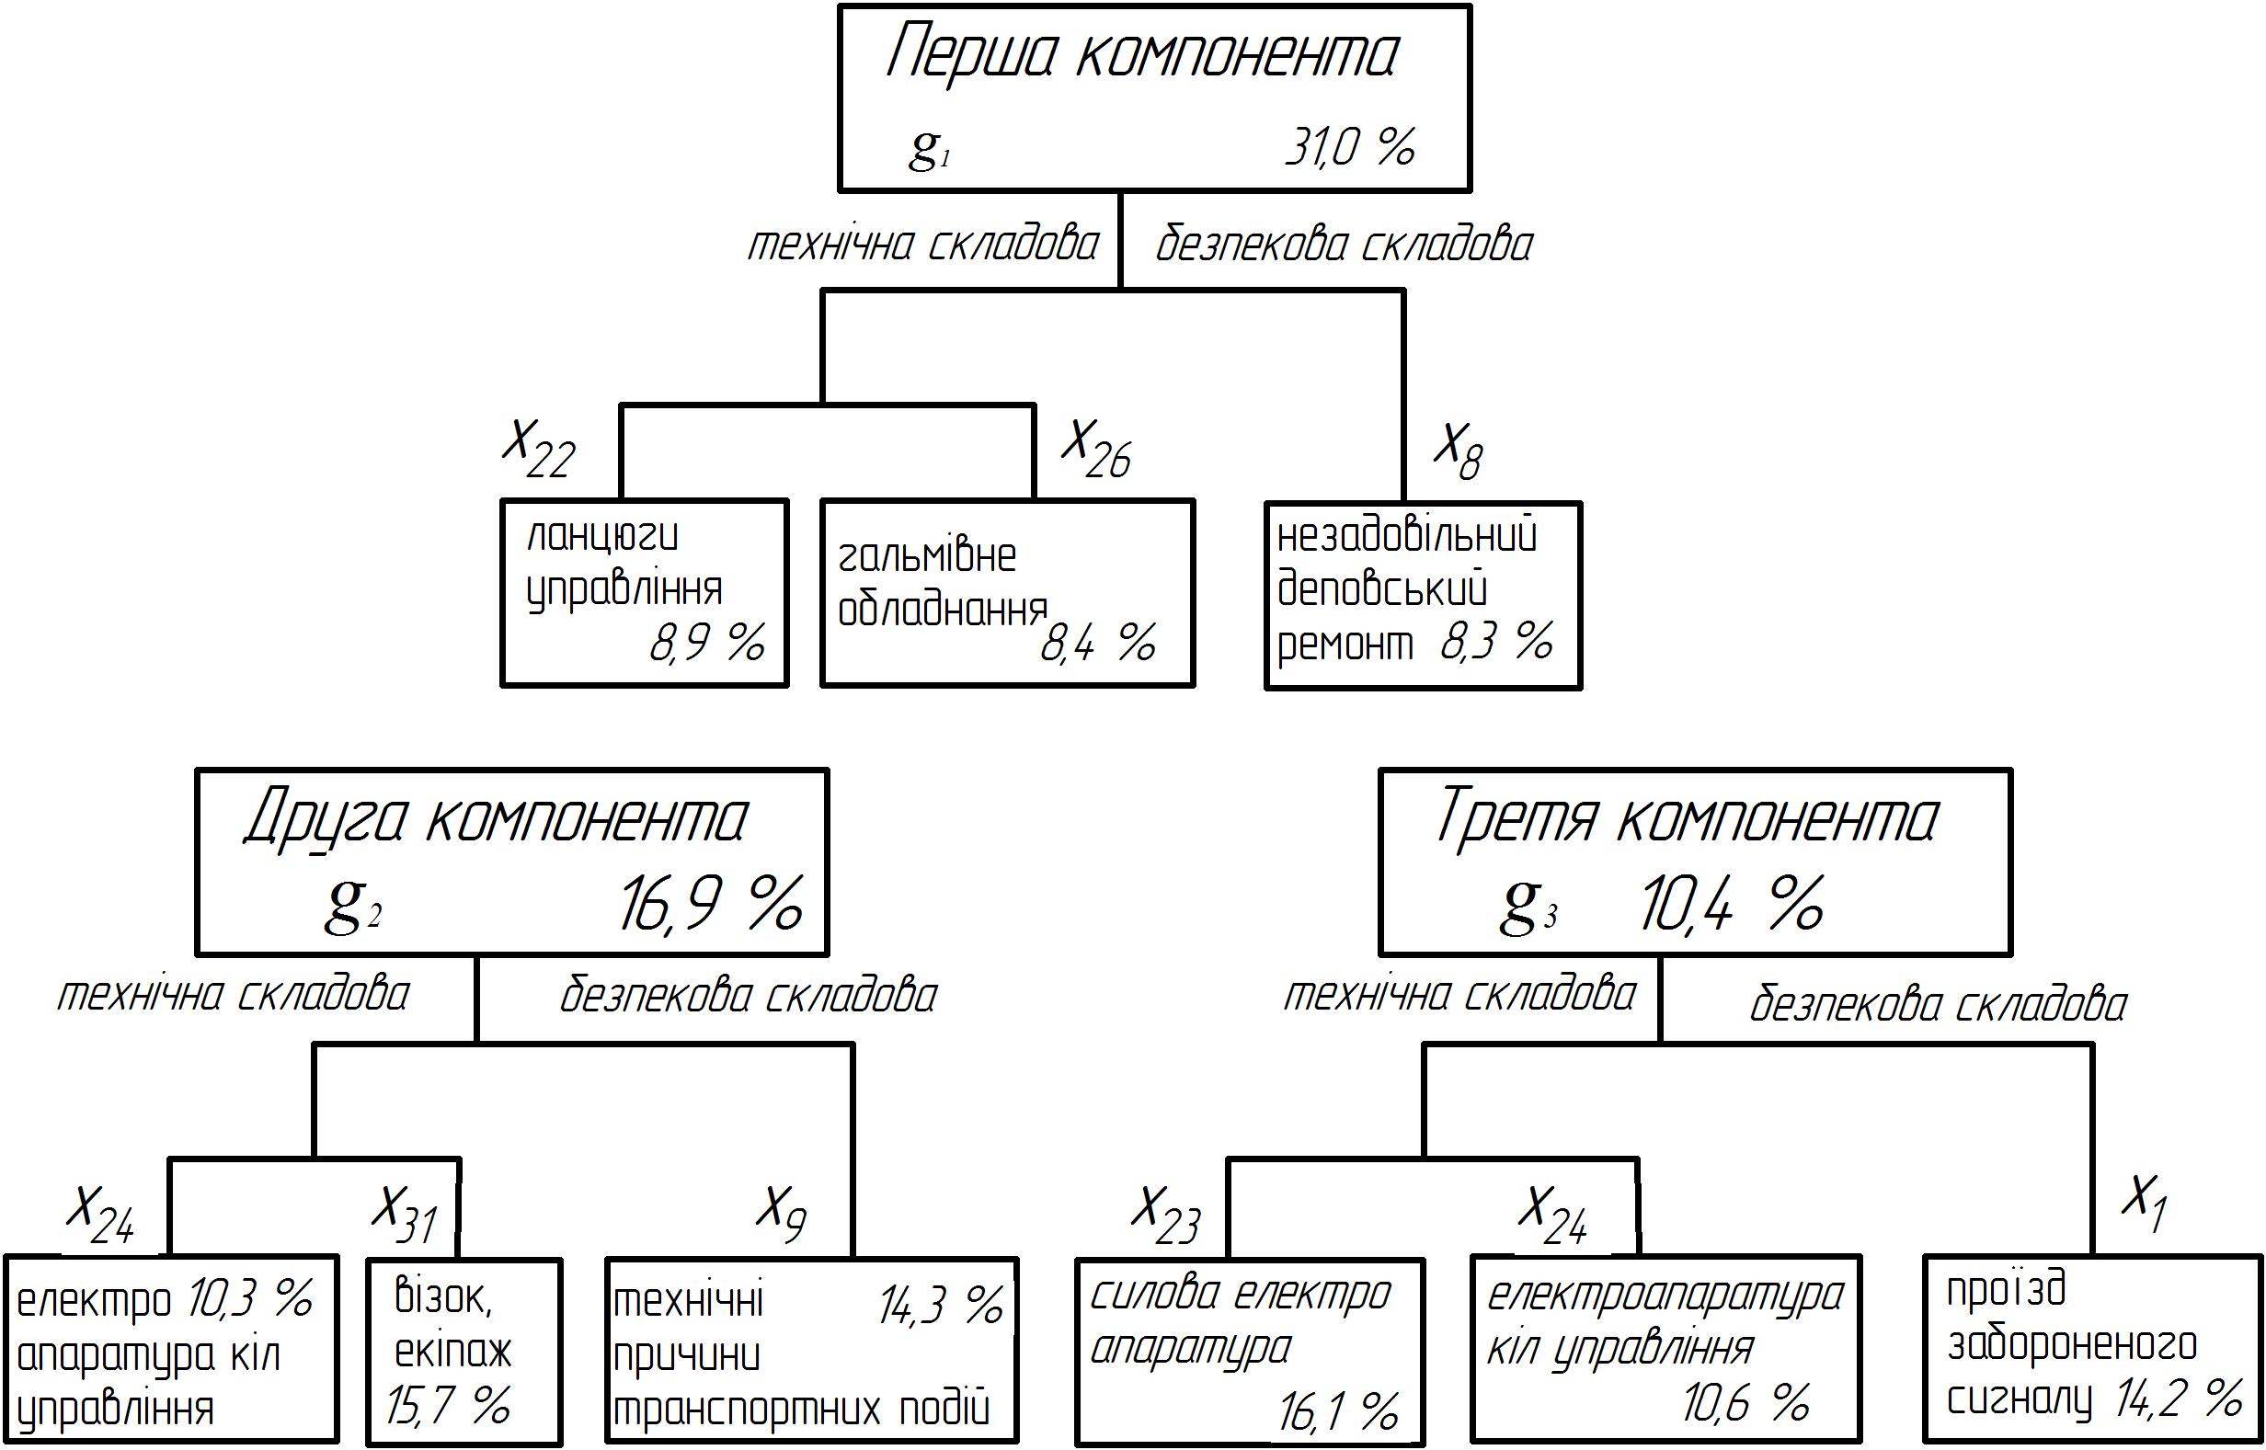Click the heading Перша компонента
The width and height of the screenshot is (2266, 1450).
click(1142, 55)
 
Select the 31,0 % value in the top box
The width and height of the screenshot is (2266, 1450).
click(1351, 147)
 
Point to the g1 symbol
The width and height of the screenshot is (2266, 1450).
click(930, 149)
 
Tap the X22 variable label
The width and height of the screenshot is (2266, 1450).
click(538, 449)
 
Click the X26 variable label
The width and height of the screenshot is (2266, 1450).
click(1095, 449)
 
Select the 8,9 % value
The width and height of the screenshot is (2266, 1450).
click(706, 643)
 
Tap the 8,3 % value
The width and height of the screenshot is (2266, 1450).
click(1496, 642)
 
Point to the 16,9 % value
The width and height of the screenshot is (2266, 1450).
click(711, 904)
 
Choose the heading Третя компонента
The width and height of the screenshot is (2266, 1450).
click(1686, 817)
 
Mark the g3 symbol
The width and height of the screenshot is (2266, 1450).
click(1528, 906)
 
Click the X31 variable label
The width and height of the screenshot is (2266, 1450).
click(404, 1215)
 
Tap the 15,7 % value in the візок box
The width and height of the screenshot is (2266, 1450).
click(448, 1406)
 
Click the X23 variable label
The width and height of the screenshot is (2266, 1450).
click(1166, 1216)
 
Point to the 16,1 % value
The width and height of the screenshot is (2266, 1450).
click(1338, 1411)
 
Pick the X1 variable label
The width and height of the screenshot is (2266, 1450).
click(2144, 1205)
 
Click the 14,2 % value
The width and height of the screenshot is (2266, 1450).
click(2179, 1399)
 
